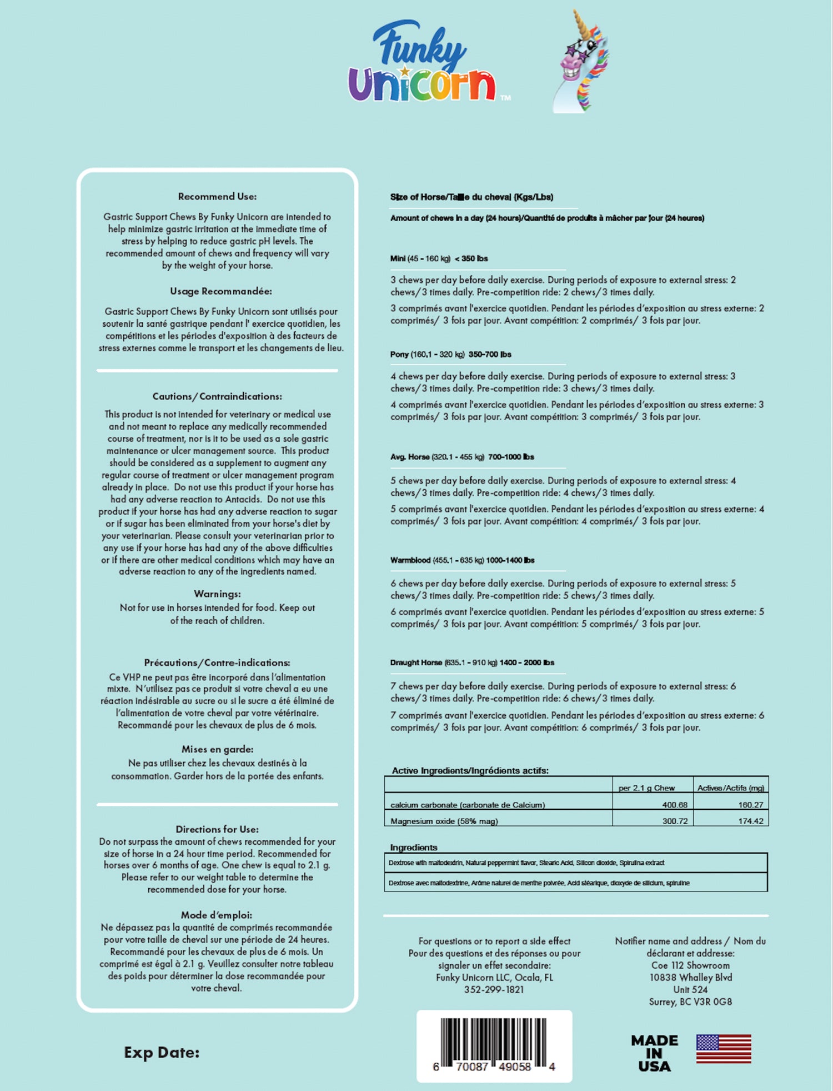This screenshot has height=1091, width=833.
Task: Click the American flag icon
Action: (723, 1049)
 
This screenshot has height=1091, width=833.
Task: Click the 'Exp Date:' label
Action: (162, 1053)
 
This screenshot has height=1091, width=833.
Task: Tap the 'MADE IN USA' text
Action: (654, 1053)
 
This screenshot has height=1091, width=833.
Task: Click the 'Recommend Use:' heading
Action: (217, 196)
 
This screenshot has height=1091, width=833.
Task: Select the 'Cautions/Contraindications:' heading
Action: (217, 396)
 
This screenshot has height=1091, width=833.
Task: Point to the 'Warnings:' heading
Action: (217, 594)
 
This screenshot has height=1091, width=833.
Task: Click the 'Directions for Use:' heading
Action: (217, 829)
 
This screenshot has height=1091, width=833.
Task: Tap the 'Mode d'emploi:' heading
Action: (216, 914)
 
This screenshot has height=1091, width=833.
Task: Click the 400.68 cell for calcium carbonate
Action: (675, 805)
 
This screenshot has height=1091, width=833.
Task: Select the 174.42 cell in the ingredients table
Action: (750, 821)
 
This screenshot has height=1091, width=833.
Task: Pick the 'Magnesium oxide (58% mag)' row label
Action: (444, 821)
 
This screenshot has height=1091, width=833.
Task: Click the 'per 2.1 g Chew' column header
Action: (646, 788)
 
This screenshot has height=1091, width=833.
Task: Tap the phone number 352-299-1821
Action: (494, 989)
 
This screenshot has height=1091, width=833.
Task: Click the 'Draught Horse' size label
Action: (416, 662)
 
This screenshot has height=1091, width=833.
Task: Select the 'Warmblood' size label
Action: (410, 560)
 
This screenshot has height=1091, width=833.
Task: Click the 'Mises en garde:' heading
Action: (217, 749)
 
